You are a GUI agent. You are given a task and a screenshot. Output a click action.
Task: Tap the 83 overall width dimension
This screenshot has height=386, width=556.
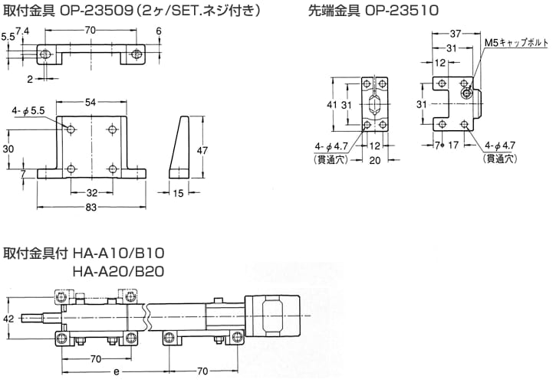[x=90, y=208]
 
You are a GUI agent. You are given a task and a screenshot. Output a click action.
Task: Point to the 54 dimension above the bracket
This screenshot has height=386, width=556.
[x=90, y=103]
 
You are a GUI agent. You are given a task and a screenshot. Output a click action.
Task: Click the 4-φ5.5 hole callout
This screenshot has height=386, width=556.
[x=28, y=112]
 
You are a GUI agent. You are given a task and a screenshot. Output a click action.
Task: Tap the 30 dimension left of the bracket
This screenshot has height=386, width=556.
[x=8, y=149]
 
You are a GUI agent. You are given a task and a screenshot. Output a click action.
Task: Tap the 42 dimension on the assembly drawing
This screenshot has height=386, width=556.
[x=8, y=318]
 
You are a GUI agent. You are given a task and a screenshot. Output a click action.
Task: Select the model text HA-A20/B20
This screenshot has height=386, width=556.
[x=118, y=270]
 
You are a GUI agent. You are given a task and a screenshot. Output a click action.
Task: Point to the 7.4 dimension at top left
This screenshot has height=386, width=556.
[x=21, y=30]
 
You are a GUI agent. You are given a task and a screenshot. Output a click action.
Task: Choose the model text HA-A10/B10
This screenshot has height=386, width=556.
[x=118, y=253]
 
